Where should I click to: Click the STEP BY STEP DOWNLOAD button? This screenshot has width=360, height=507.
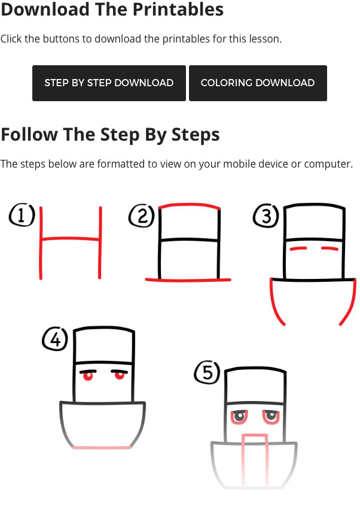(109, 83)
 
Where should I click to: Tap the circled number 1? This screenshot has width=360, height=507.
(22, 215)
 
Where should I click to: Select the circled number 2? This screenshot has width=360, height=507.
(142, 215)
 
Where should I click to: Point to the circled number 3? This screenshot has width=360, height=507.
(266, 216)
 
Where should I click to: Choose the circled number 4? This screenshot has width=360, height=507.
(55, 339)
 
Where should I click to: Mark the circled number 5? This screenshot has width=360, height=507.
(207, 372)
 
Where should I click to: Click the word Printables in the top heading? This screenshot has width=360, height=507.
(178, 9)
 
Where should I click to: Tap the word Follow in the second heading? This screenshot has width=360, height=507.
(30, 134)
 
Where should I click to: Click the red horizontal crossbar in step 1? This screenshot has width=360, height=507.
(71, 239)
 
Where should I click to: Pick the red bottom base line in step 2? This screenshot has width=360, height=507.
(188, 280)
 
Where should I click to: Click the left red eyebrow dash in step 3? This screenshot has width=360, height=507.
(298, 248)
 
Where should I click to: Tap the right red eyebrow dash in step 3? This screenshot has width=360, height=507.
(330, 248)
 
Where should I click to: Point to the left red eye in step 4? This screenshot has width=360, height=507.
(88, 376)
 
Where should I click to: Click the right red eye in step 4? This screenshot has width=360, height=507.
(120, 375)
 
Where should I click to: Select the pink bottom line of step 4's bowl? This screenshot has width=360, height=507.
(102, 448)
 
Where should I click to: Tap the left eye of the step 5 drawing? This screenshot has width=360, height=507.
(239, 417)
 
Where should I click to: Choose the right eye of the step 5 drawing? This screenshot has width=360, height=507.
(271, 417)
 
